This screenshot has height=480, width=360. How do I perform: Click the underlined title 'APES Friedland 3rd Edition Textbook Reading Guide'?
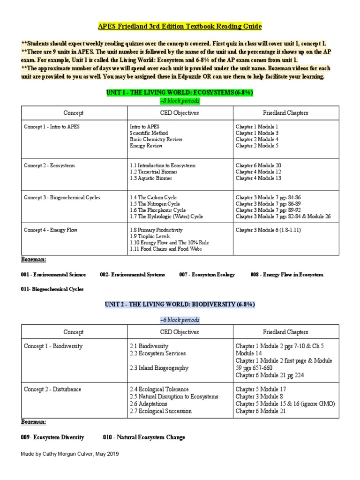(x=180, y=26)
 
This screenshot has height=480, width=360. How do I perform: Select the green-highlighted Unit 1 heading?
(x=180, y=93)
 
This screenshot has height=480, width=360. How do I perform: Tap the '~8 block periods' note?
(x=180, y=101)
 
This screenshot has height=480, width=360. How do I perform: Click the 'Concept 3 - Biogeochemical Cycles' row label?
(x=62, y=198)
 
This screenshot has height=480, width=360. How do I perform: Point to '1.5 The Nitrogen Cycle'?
(x=155, y=204)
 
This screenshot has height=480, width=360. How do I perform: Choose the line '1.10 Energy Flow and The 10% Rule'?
(x=169, y=243)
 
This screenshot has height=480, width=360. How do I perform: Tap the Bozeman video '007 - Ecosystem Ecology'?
(x=207, y=275)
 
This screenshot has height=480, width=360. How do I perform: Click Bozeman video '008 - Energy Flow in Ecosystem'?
(x=286, y=275)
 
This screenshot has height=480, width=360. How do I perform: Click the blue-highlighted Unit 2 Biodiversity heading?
(x=180, y=304)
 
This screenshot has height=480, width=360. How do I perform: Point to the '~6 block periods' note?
(x=180, y=320)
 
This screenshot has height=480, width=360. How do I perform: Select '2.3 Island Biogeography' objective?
(x=159, y=368)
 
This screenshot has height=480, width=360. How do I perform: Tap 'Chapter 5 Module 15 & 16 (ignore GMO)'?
(x=285, y=404)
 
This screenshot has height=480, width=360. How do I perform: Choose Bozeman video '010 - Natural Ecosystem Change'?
(x=144, y=437)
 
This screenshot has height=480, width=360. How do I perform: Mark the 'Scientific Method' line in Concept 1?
(x=150, y=133)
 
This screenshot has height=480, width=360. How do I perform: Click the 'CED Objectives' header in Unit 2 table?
(x=180, y=332)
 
